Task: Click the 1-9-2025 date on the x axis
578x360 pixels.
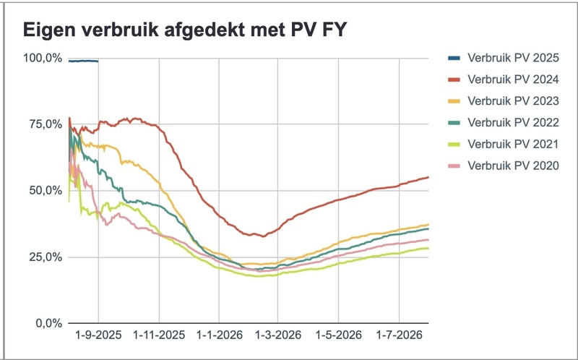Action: pyautogui.click(x=99, y=335)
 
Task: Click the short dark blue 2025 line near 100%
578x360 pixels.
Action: pyautogui.click(x=84, y=61)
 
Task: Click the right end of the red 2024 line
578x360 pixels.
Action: pyautogui.click(x=427, y=177)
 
